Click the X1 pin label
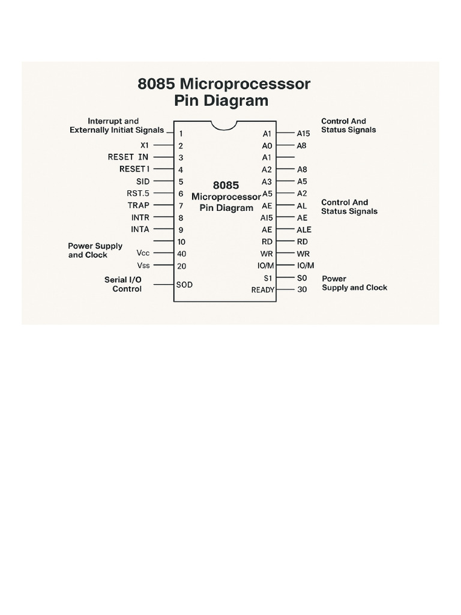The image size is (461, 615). point(144,145)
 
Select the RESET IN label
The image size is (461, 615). point(128,157)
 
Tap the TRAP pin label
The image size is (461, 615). point(139,205)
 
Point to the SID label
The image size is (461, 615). point(143,181)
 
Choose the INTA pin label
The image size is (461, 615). point(140,229)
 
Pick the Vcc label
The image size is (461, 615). point(143,253)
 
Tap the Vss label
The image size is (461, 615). point(143,265)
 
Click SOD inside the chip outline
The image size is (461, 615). point(184,285)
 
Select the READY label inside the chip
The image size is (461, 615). point(262,290)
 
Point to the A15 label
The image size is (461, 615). point(303,134)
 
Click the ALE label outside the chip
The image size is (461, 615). point(304,229)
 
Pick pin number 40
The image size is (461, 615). point(181,253)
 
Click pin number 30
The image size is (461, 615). point(302,290)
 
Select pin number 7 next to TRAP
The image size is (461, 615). point(180,205)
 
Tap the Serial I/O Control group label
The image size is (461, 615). point(124,284)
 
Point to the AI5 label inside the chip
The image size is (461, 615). point(267,217)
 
